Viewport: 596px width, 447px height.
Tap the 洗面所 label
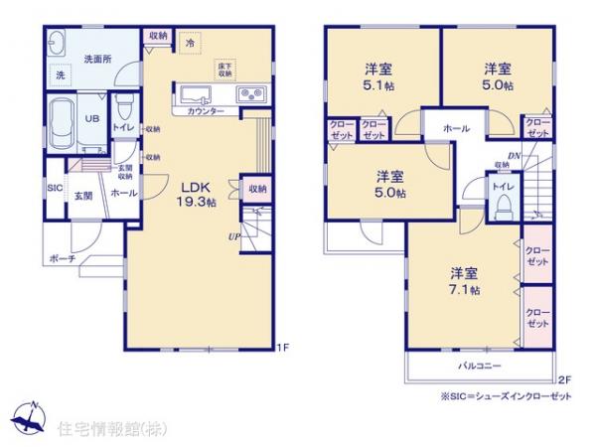[96, 59]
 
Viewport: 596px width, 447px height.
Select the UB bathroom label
[90, 117]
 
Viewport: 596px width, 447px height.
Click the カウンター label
[206, 111]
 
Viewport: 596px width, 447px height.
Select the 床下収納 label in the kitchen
[225, 70]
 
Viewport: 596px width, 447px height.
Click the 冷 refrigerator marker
[190, 43]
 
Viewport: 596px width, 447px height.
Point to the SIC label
[54, 187]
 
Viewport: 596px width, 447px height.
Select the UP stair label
[233, 237]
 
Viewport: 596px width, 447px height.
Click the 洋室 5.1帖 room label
[377, 75]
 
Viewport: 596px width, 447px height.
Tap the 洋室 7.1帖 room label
[463, 280]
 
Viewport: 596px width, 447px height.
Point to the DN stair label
[515, 156]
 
